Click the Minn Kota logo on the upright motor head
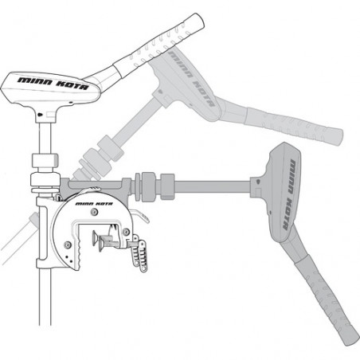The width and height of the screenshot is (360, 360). [53, 84]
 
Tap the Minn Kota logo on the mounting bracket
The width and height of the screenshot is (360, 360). [94, 204]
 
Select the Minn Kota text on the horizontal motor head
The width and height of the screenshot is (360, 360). [289, 195]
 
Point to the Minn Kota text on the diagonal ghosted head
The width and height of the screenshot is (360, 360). [191, 79]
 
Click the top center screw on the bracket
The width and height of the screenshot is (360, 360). [94, 212]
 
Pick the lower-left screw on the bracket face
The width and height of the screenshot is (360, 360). [68, 245]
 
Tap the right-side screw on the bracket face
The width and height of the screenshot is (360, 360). [126, 232]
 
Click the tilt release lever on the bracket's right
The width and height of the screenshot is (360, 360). [140, 215]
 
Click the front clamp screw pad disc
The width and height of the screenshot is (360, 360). [101, 245]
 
